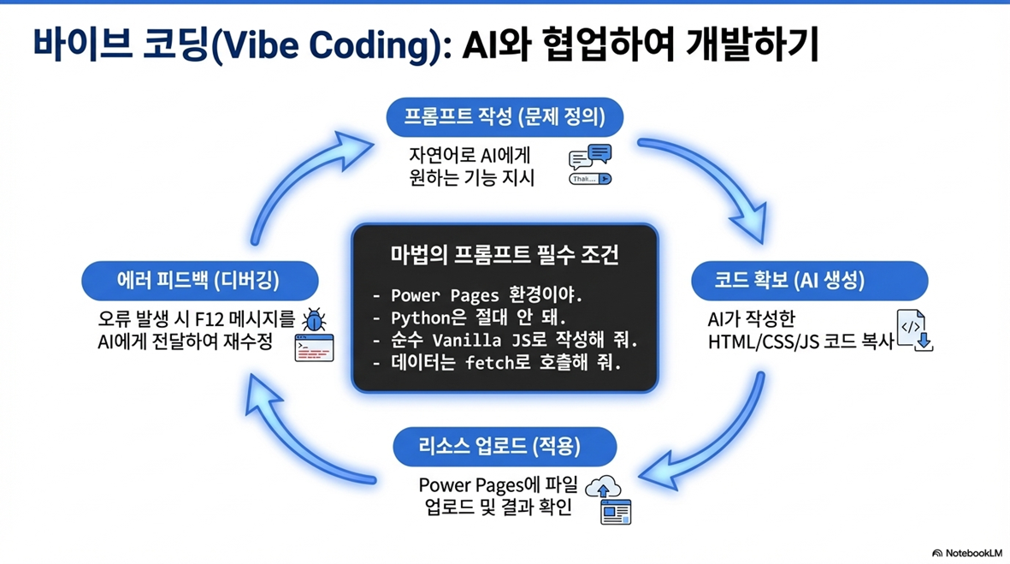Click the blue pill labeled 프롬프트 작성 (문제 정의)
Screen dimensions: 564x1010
coord(504,117)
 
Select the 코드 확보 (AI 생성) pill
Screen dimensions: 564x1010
coord(808,280)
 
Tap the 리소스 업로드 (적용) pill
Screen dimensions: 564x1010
coord(505,446)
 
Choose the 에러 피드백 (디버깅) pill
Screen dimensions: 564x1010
coord(199,280)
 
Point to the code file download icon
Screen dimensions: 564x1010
coord(913,330)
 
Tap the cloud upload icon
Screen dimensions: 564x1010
coord(603,486)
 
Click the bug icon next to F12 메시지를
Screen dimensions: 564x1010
coord(315,320)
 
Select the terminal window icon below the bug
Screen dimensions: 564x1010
coord(314,347)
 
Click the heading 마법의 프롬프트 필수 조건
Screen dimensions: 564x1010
coord(505,255)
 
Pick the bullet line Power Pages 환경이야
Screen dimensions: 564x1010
coord(485,296)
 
